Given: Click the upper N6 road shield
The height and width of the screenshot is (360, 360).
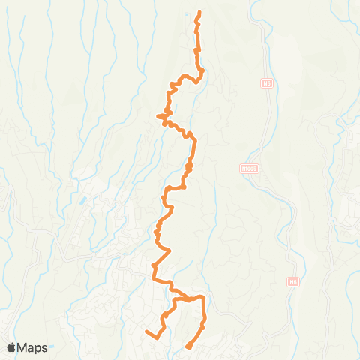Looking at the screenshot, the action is (266, 84).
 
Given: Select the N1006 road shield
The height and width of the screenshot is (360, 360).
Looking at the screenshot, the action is (250, 169).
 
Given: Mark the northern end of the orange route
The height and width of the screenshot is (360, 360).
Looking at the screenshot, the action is (199, 13).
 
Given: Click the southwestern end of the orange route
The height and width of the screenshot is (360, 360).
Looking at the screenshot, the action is (146, 330).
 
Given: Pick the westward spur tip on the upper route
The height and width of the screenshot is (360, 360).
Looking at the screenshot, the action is (157, 115).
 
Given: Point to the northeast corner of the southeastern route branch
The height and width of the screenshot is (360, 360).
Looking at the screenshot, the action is (204, 298).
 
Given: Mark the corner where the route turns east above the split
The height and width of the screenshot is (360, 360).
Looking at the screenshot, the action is (155, 265).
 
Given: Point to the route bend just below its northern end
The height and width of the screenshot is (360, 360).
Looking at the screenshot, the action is (197, 27).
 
